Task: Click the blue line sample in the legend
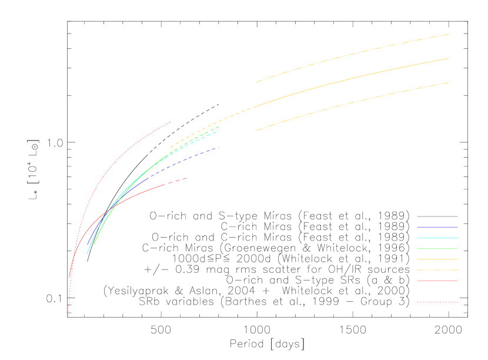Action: [x=437, y=227]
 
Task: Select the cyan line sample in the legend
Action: [x=437, y=238]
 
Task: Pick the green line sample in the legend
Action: [x=437, y=249]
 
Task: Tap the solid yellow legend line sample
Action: [x=437, y=259]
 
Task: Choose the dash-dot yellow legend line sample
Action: [x=437, y=270]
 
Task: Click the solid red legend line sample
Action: [x=437, y=281]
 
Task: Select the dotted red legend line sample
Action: [x=437, y=302]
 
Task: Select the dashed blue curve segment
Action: [x=194, y=155]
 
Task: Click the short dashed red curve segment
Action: [x=176, y=181]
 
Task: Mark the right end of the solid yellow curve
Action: [x=449, y=59]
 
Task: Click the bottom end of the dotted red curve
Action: [x=68, y=316]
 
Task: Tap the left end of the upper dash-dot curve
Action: [x=257, y=82]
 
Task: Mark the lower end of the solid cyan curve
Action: [x=88, y=254]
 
